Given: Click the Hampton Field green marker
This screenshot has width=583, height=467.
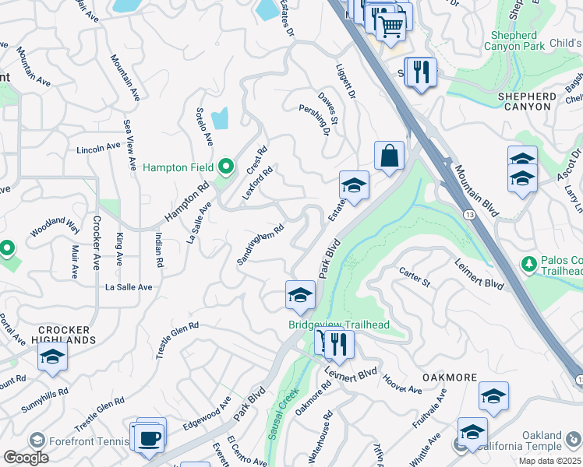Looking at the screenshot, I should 226,167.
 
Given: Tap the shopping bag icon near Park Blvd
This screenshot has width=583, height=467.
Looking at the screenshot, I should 389,155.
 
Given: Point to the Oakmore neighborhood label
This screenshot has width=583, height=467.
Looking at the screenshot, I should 450,377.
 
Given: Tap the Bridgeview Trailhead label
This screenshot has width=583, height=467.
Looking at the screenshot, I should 339,325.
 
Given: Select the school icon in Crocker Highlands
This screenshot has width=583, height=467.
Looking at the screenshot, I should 52,356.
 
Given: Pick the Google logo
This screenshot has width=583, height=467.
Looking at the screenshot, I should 26,457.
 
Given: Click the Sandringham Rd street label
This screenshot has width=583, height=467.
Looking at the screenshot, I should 260,244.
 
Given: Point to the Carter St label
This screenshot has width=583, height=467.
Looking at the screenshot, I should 415,277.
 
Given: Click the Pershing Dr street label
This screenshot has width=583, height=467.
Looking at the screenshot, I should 314,119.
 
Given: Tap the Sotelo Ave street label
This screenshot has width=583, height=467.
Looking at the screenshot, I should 204,126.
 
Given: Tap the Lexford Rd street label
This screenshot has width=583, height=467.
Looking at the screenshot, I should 257,184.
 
